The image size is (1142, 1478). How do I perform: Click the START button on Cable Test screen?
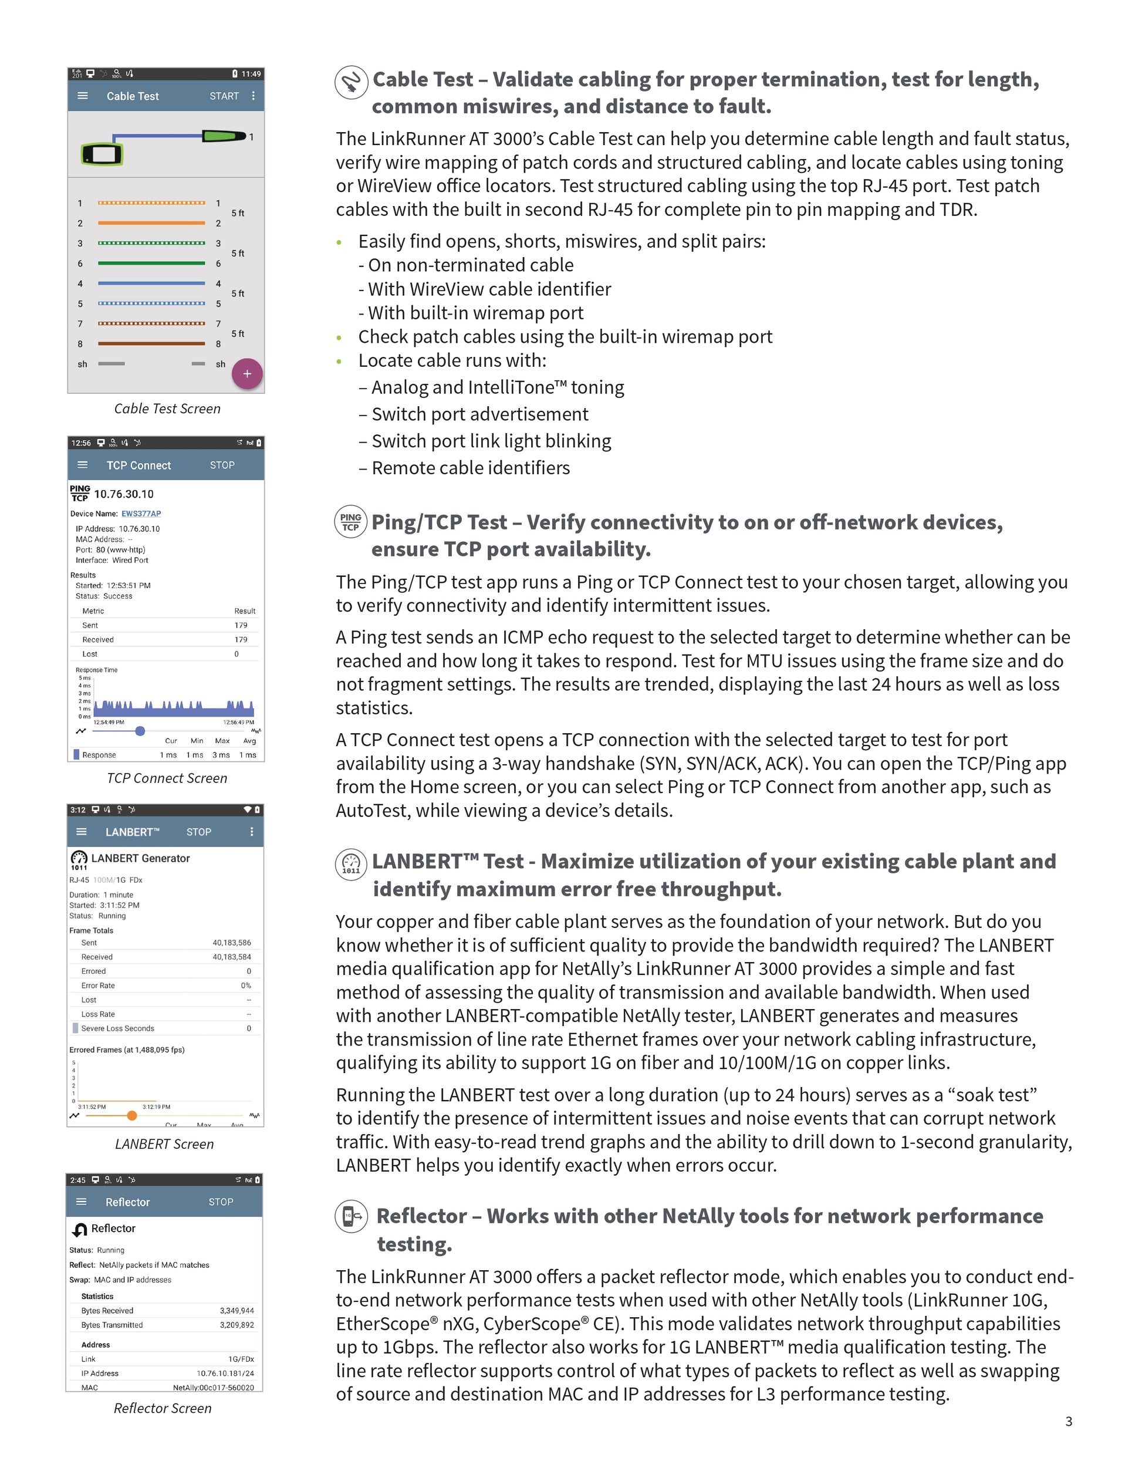(224, 96)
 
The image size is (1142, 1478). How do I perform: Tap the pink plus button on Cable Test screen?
(247, 373)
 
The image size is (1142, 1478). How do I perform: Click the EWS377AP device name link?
(141, 514)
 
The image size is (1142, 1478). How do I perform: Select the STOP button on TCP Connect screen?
(222, 465)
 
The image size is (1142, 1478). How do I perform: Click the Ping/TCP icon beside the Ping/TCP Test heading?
(350, 522)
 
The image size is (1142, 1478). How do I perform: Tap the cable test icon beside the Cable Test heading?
(351, 83)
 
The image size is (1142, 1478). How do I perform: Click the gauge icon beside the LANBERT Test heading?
(351, 864)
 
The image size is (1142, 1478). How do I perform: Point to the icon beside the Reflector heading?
(351, 1216)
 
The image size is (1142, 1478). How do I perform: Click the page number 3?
(1068, 1421)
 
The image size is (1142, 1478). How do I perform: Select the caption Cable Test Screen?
(167, 409)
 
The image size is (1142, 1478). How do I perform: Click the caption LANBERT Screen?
(164, 1143)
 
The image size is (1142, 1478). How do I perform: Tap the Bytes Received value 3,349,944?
(236, 1311)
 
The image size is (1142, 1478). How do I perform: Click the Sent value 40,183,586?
(231, 943)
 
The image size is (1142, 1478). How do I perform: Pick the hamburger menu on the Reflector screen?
(81, 1202)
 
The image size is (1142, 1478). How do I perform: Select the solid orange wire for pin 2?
(151, 222)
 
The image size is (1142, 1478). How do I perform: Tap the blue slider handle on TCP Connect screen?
(140, 731)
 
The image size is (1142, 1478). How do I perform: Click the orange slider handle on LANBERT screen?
(132, 1115)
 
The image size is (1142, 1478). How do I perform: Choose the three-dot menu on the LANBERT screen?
(252, 832)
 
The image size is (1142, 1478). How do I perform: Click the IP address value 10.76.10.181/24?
(225, 1373)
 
